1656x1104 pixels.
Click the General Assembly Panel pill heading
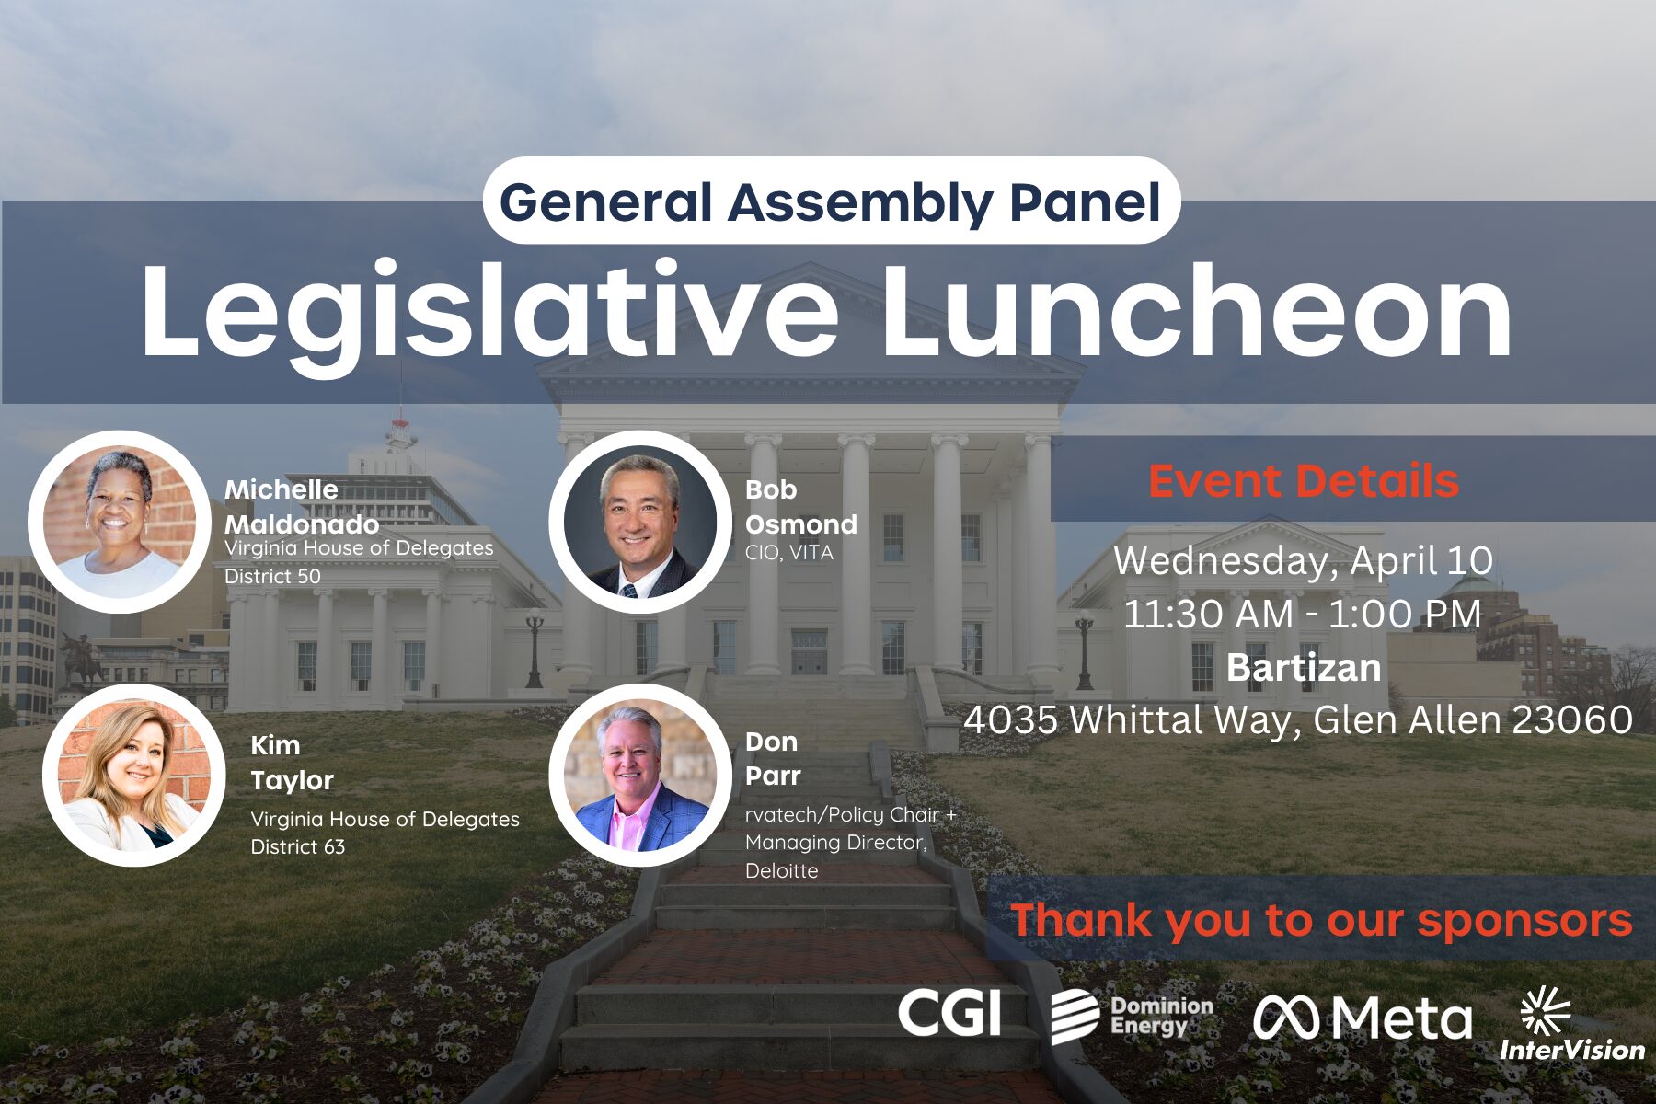831,201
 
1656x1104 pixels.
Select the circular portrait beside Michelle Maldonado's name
120,522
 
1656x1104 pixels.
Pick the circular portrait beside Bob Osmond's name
640,522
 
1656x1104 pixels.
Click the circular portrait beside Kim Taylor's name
133,775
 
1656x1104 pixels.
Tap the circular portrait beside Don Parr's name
640,775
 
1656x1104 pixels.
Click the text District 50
273,577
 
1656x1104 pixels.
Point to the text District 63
298,846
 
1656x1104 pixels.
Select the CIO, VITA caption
789,553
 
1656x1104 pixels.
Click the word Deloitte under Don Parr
782,870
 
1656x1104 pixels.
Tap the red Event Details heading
1304,481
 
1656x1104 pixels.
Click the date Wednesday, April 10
1304,561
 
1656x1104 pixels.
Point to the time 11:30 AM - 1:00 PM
1304,615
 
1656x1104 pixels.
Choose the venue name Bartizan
1304,668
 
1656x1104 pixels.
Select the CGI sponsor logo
949,1014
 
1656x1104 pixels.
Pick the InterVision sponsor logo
1572,1024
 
